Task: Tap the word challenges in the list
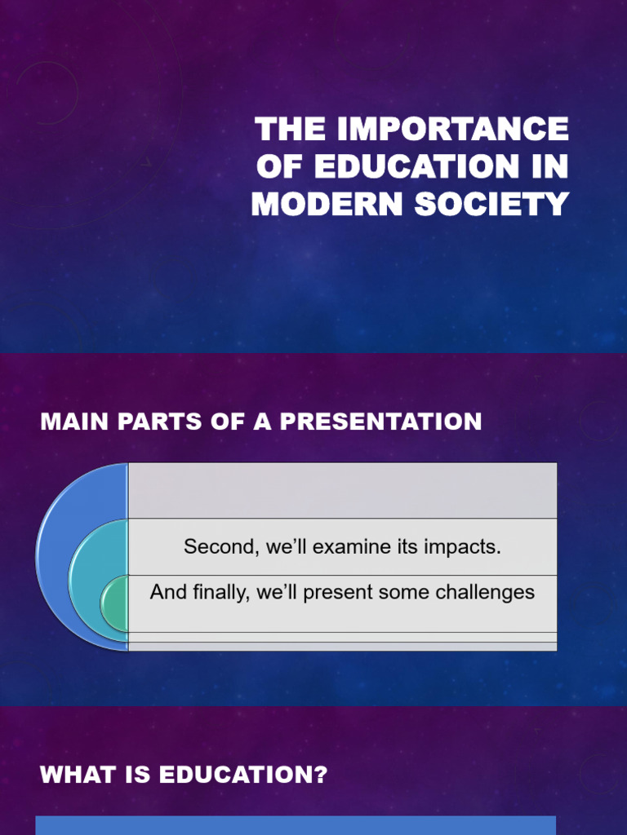tap(486, 593)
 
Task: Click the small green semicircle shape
tap(115, 604)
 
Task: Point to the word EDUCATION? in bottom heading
tap(243, 775)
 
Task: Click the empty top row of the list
tap(342, 491)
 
